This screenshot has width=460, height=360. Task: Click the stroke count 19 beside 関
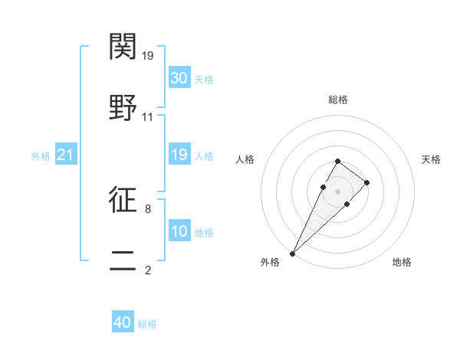point(149,56)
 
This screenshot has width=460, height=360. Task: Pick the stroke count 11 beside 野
point(148,117)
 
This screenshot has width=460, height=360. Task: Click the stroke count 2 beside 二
point(147,270)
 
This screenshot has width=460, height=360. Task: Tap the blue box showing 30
point(179,78)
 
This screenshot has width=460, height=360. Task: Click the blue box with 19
point(179,155)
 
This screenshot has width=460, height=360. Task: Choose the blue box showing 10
point(179,231)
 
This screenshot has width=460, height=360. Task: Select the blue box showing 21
point(66,155)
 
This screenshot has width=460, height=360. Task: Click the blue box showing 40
point(123,323)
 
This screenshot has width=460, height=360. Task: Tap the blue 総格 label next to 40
point(147,324)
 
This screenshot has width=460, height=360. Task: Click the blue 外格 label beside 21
point(41,156)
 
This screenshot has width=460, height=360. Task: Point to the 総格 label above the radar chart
point(337,100)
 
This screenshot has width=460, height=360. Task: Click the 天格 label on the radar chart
point(432,159)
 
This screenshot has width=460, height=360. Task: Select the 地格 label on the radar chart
point(402,262)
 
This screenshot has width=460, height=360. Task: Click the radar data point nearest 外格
point(292,253)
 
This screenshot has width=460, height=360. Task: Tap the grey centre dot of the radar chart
point(337,191)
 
